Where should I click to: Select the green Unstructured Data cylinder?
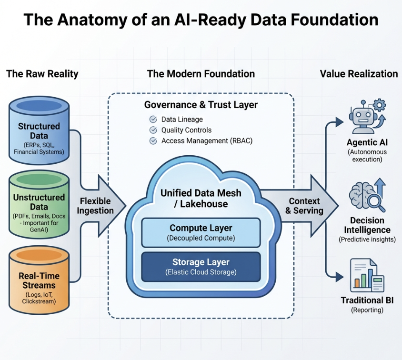pyautogui.click(x=39, y=205)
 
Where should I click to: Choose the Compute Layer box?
pyautogui.click(x=201, y=232)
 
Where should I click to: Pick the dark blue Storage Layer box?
pyautogui.click(x=201, y=267)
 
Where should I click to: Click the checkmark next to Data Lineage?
pyautogui.click(x=153, y=120)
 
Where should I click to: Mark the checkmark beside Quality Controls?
pyautogui.click(x=153, y=130)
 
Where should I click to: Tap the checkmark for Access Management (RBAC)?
pyautogui.click(x=153, y=141)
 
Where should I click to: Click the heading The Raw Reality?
pyautogui.click(x=42, y=74)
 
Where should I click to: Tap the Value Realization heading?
pyautogui.click(x=359, y=74)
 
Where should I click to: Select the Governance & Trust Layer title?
pyautogui.click(x=201, y=105)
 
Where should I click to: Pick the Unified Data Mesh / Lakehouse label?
pyautogui.click(x=201, y=198)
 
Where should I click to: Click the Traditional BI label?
pyautogui.click(x=367, y=300)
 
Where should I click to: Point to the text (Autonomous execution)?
pyautogui.click(x=367, y=156)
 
